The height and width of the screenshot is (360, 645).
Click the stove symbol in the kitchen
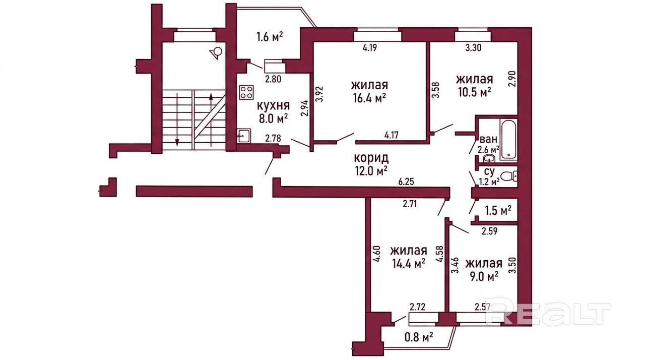coord(246,92)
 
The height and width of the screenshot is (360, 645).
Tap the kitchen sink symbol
coord(244,136)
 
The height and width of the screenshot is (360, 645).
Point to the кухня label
coord(273,106)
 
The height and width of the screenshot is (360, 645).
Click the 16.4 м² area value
coord(370,98)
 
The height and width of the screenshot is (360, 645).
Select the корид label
coord(371,158)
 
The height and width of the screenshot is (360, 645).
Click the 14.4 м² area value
coord(409,263)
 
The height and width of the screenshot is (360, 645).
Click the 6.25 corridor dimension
coord(406,182)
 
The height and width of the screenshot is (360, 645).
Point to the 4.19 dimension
coord(370,47)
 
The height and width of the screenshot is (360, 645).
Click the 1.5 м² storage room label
coord(498,211)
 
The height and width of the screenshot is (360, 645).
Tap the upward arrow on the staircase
coord(211,119)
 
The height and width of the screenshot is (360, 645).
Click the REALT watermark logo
coord(548,314)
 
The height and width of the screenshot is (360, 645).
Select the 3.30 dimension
coord(473,47)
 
